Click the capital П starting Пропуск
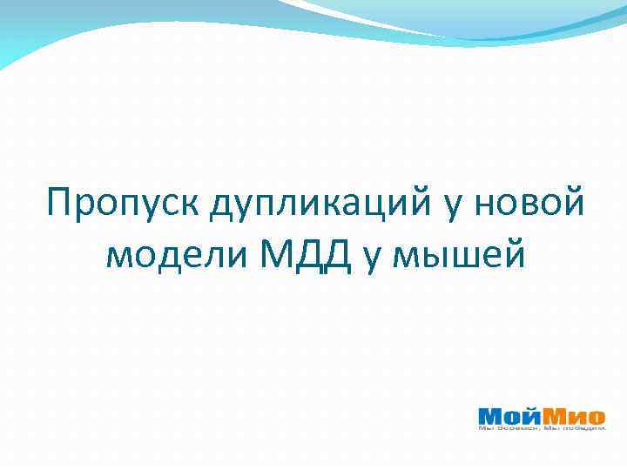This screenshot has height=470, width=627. [x=62, y=204]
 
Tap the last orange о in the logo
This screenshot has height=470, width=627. [x=597, y=416]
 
